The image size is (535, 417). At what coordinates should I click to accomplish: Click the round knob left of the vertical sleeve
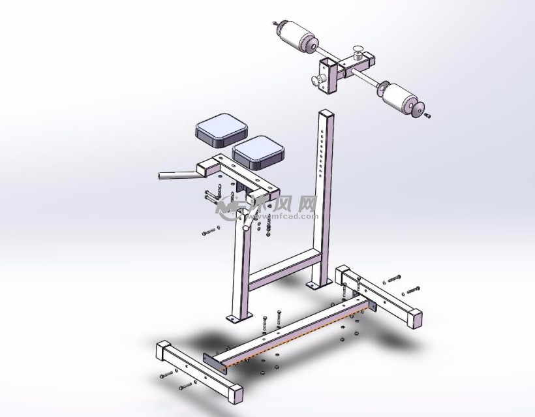318,80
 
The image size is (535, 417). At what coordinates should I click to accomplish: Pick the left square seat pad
221,130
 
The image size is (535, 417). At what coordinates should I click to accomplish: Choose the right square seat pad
258,152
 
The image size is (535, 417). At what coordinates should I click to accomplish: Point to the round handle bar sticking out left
180,175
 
